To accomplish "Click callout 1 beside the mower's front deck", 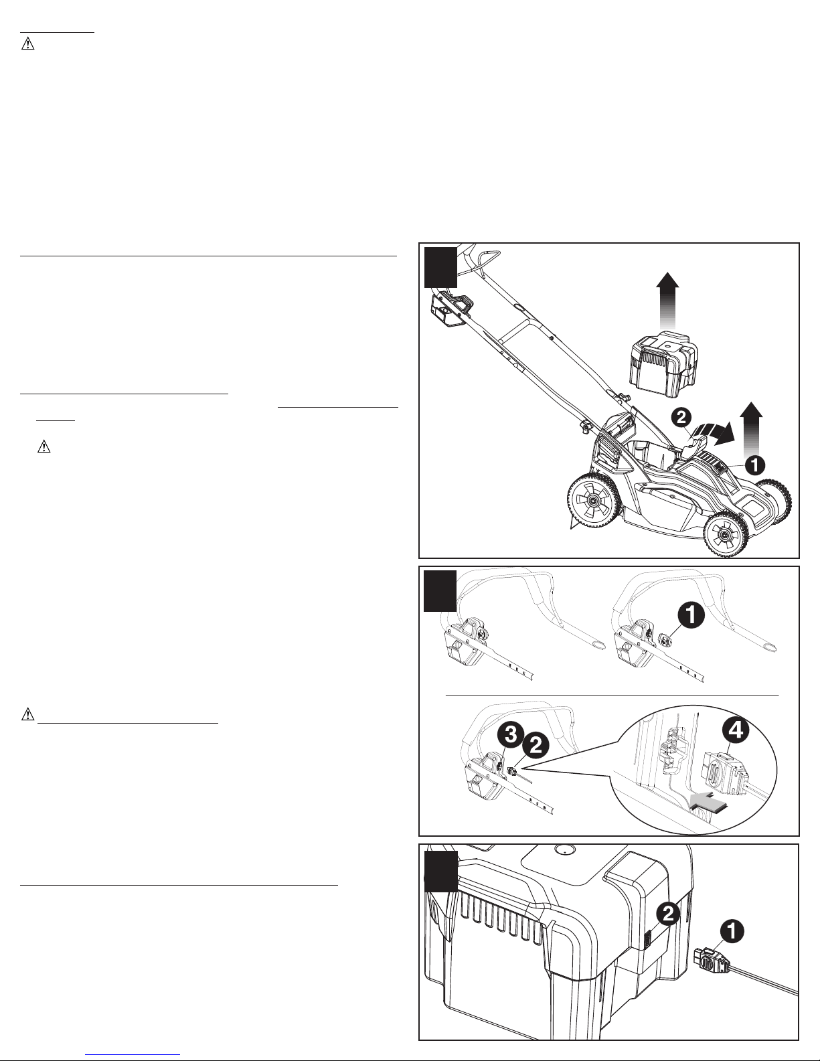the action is point(754,465).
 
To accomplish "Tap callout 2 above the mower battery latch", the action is point(681,418).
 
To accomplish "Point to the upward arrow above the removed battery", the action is point(667,301).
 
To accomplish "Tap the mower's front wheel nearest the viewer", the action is point(726,534).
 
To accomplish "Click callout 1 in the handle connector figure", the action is point(691,617).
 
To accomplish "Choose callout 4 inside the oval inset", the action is point(736,730).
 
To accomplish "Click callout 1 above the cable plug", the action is point(730,932).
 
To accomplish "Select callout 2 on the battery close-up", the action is point(668,913).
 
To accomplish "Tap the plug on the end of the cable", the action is point(711,962).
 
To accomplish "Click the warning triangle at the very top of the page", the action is point(28,44).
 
